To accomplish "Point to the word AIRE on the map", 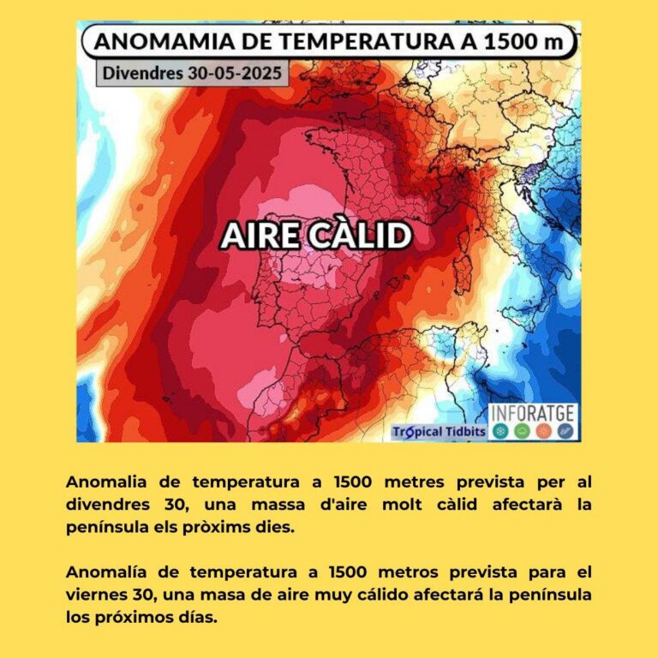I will coord(258,236).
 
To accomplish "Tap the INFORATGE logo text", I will coord(532,414).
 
